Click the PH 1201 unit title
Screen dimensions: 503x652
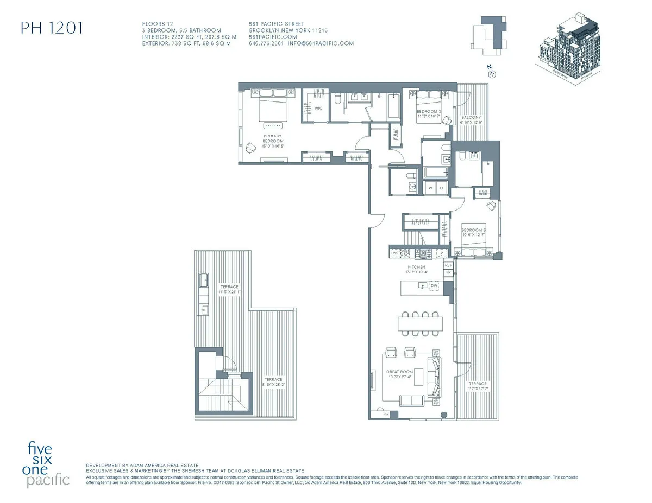(x=52, y=28)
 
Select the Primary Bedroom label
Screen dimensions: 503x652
(x=273, y=141)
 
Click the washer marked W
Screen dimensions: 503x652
(x=431, y=188)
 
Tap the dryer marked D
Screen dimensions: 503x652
(x=441, y=188)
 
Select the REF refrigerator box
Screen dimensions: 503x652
(x=448, y=265)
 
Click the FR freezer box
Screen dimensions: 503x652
(x=448, y=272)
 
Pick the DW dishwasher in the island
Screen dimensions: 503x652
(x=434, y=285)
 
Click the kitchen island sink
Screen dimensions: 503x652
(x=421, y=285)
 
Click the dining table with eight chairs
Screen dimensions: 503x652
(x=420, y=323)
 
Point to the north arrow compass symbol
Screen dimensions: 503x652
(x=493, y=74)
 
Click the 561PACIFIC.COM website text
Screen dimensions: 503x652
(x=273, y=37)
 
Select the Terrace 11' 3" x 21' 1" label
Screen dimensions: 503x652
(x=229, y=289)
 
